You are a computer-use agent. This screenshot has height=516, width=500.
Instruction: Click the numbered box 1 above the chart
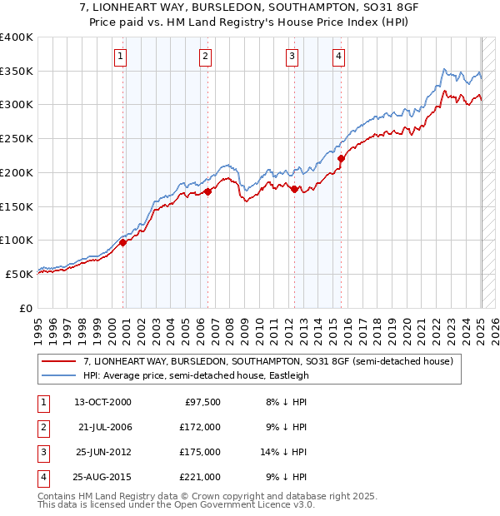tap(121, 57)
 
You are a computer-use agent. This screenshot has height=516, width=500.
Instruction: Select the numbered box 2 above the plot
tap(205, 57)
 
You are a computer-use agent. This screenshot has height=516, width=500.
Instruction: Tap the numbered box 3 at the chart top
tap(292, 57)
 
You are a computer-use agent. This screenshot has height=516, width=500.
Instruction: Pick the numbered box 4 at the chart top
tap(339, 57)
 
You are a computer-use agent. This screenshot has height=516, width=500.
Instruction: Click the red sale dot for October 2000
tap(122, 243)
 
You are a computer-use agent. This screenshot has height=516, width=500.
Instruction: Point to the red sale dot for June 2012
tap(294, 190)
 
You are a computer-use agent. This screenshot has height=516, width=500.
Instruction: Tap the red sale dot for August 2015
tap(341, 158)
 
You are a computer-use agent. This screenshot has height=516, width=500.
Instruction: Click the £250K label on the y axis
tap(17, 138)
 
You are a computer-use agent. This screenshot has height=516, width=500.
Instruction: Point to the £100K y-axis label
tap(17, 240)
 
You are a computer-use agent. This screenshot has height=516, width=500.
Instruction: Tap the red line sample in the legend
tap(59, 362)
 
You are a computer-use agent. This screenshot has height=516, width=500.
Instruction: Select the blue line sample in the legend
tap(59, 375)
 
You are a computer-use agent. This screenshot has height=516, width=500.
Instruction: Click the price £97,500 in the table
tap(202, 402)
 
